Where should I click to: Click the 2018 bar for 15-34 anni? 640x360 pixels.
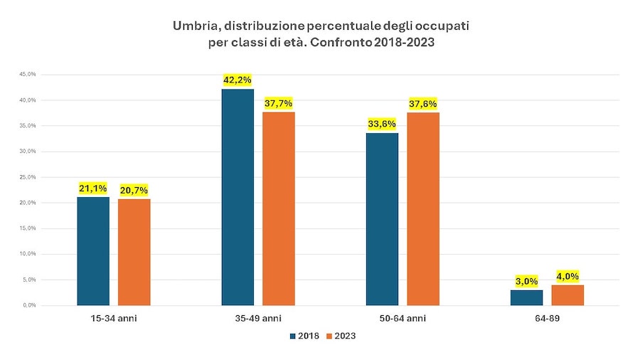93,250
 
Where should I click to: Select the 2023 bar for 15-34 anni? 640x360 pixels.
134,252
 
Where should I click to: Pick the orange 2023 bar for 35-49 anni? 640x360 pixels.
279,208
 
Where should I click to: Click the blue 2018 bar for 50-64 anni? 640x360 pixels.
382,219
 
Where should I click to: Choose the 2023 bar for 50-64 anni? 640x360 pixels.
423,208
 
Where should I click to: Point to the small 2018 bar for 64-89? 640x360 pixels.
526,297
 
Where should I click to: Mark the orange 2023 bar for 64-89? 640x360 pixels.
567,295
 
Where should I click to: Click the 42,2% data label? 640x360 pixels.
238,80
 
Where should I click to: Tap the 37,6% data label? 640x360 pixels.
423,103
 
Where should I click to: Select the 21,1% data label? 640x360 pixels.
93,189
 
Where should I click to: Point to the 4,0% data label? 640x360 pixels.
567,276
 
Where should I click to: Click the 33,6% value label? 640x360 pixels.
382,124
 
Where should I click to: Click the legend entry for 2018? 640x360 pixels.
304,336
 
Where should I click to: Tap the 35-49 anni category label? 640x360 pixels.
258,318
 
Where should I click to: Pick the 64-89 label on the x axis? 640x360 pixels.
547,318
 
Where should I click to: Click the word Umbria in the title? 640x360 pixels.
194,26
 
